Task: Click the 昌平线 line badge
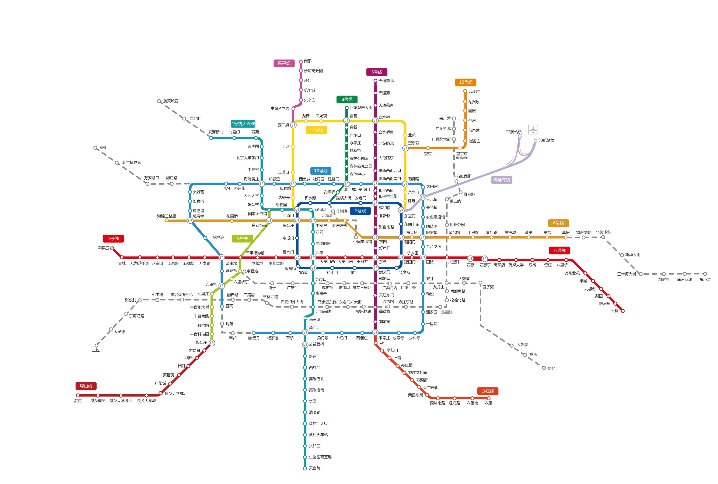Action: tap(284, 63)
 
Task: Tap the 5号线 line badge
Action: tap(377, 72)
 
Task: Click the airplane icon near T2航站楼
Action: tap(533, 130)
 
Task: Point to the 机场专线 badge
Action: tap(501, 180)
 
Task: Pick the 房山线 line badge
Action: tap(86, 386)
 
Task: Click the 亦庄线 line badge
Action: tap(488, 391)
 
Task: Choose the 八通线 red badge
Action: tap(560, 251)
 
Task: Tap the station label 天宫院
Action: tap(314, 468)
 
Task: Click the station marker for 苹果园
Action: tap(112, 248)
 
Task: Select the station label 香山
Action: tap(104, 148)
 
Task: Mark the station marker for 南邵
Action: tap(301, 62)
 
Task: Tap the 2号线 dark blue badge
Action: tap(360, 211)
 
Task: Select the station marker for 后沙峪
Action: tap(465, 91)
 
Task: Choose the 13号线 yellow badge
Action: tap(316, 130)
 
